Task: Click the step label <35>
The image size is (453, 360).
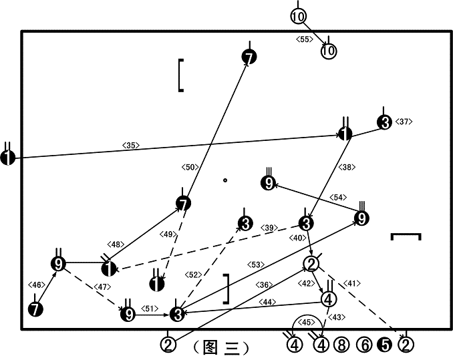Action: [x=131, y=145]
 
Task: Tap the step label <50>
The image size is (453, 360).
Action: [x=190, y=167]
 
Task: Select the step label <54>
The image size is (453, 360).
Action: [x=338, y=197]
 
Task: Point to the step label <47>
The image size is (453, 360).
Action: [x=102, y=287]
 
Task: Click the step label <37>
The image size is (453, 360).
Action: [x=404, y=122]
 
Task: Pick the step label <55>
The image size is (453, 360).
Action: [x=305, y=39]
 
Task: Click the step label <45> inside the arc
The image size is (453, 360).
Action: [x=306, y=322]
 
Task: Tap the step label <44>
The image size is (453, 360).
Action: [x=267, y=302]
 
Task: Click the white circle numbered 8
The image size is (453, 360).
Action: [x=341, y=345]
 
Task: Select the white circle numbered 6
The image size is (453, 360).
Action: [x=365, y=345]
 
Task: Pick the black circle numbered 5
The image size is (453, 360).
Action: [x=385, y=345]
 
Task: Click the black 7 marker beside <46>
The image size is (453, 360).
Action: [x=35, y=309]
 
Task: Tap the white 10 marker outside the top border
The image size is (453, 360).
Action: [x=298, y=16]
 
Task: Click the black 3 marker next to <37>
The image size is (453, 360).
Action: [x=384, y=122]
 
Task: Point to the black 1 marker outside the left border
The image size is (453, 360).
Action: [x=8, y=158]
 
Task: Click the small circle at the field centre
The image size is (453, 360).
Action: [x=225, y=180]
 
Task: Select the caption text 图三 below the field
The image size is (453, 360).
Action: [x=221, y=347]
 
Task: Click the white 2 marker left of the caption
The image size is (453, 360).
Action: [x=168, y=345]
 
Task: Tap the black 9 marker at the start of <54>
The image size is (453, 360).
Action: [x=361, y=218]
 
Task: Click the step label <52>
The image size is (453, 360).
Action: [x=193, y=275]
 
